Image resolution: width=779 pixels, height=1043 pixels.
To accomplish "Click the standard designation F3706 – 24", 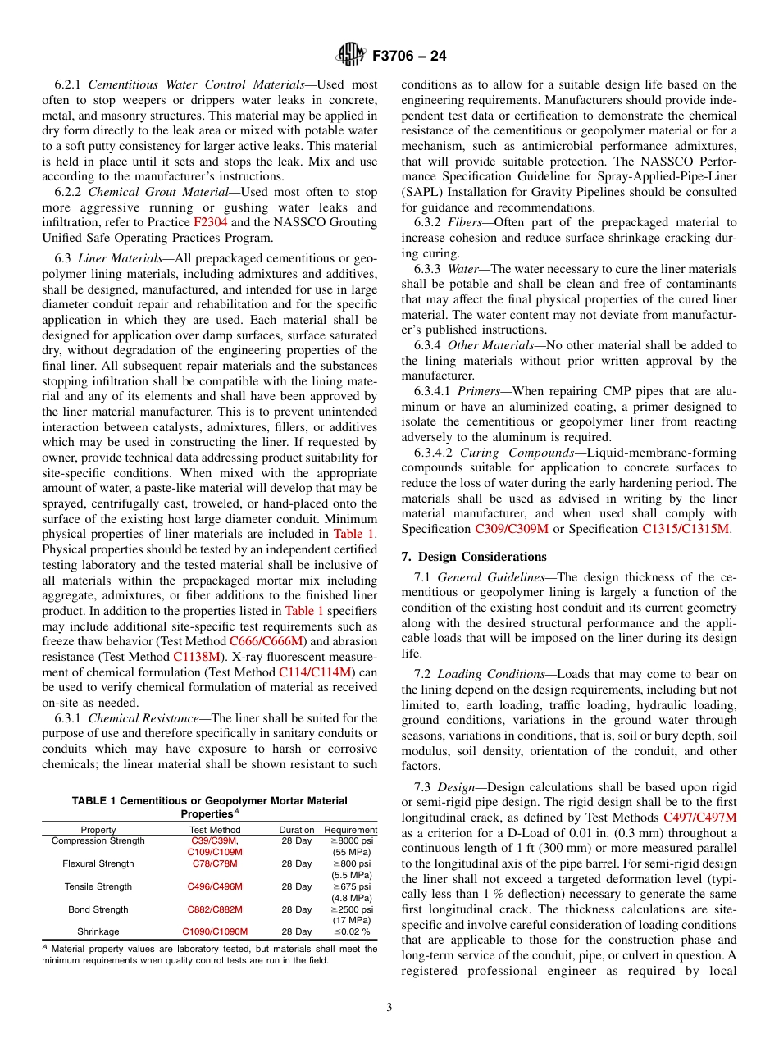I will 409,57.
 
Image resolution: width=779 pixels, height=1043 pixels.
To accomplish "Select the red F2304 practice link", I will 210,222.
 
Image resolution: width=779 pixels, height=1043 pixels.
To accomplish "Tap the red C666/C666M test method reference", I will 266,641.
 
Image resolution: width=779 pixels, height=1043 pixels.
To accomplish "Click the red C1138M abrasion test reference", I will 197,657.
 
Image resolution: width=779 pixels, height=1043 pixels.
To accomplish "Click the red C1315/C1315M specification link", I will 685,529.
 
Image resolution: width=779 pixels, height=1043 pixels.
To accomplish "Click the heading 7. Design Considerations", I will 474,557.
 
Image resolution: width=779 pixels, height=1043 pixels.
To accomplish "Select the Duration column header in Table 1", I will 296,830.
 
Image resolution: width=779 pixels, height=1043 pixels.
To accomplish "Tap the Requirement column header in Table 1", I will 350,830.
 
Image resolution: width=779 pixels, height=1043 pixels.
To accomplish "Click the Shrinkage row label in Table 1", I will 98,931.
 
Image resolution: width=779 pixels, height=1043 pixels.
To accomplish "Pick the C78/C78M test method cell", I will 215,863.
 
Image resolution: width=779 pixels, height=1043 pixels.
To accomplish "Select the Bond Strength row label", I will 98,909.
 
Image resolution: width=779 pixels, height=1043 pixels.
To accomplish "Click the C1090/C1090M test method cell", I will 215,931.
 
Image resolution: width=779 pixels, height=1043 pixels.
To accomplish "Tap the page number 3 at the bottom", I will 389,1008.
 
